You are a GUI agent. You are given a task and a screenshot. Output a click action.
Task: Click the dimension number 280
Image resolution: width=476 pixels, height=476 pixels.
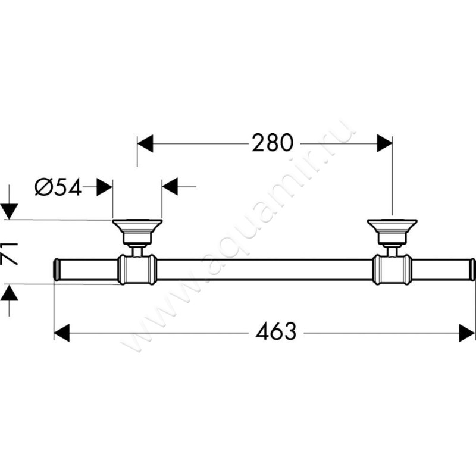point(273,143)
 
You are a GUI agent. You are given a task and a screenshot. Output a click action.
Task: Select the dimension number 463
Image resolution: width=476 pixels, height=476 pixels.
point(275,333)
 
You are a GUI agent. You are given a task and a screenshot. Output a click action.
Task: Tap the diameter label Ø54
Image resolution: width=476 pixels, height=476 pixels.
point(58,187)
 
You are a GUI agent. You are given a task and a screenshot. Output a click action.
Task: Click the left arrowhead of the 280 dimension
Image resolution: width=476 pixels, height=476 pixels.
point(145,143)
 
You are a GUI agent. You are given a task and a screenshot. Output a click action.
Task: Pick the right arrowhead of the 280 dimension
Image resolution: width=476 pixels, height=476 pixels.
point(384,143)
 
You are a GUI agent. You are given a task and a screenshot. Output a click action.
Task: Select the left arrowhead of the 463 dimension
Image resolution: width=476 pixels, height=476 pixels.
point(62,333)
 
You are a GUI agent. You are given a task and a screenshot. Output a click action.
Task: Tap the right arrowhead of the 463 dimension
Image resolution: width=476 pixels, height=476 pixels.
point(467,333)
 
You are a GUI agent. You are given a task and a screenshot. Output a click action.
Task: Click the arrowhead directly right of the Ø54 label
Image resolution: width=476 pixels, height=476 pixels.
point(105,187)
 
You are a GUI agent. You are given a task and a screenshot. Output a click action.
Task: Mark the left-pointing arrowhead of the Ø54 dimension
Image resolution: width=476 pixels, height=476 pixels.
point(170,187)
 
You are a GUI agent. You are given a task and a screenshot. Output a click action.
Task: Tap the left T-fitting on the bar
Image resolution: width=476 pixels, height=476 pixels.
point(137,270)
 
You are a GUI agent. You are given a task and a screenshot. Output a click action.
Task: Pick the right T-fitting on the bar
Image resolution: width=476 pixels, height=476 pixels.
point(392,270)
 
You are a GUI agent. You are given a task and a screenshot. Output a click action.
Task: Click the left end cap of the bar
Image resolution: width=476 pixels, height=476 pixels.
point(57,270)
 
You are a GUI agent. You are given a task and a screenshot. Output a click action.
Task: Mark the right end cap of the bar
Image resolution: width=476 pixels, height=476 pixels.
point(471,270)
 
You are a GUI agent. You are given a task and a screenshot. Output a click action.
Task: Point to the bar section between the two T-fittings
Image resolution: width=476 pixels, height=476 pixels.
point(264,270)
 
